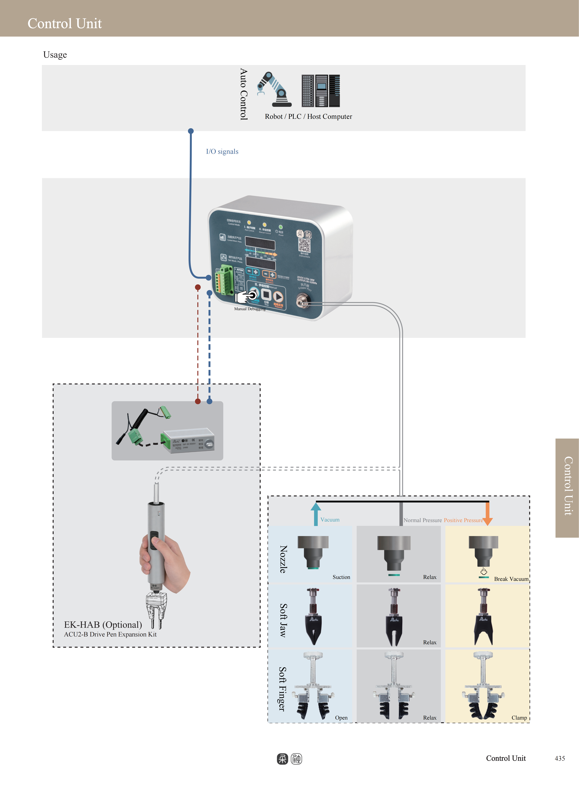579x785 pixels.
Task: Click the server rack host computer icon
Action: [x=321, y=91]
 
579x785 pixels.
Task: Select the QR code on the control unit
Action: [x=304, y=245]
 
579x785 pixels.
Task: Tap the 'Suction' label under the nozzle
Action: [x=341, y=577]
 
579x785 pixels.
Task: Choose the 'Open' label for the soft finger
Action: [x=341, y=718]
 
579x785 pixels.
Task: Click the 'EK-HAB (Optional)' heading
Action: [x=103, y=625]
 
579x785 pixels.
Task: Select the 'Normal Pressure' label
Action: [x=422, y=520]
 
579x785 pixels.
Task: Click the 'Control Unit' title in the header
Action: [x=65, y=23]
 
